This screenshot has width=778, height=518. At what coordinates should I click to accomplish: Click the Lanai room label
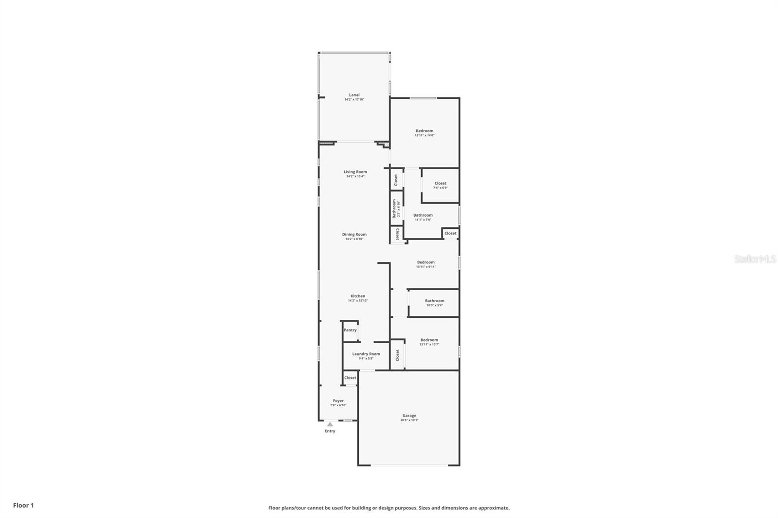tap(354, 95)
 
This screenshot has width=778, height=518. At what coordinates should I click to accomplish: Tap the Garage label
tap(409, 416)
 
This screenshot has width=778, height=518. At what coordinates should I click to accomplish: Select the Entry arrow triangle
tap(330, 424)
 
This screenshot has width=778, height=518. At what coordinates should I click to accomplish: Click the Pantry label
tap(350, 330)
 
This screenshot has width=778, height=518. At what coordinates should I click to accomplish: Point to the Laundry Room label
tap(366, 354)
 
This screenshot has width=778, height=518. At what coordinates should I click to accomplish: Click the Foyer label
tap(338, 401)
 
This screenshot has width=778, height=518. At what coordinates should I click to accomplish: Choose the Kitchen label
tap(358, 296)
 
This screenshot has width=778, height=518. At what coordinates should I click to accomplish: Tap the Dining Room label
tap(354, 235)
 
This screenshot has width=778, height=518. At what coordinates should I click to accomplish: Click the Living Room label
tap(355, 172)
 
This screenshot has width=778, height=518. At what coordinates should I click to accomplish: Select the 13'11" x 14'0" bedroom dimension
tap(424, 136)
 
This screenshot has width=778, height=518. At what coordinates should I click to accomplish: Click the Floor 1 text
tap(23, 505)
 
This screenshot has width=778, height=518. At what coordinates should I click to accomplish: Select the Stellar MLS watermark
tap(755, 259)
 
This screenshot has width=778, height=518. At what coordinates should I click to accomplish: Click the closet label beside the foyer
tap(350, 378)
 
